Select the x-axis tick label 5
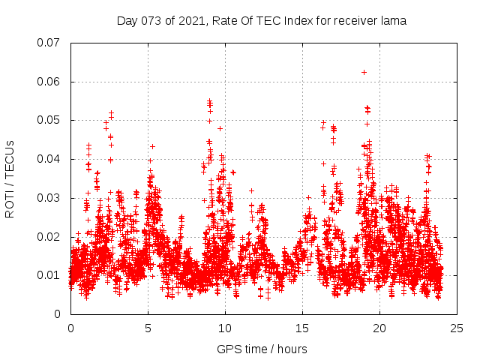point(148,328)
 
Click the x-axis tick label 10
point(225,328)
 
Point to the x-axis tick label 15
point(302,328)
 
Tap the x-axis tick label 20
point(379,328)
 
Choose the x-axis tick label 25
point(457,328)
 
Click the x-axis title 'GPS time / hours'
point(262,349)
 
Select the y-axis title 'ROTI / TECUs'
point(10,178)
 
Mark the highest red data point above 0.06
point(364,72)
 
